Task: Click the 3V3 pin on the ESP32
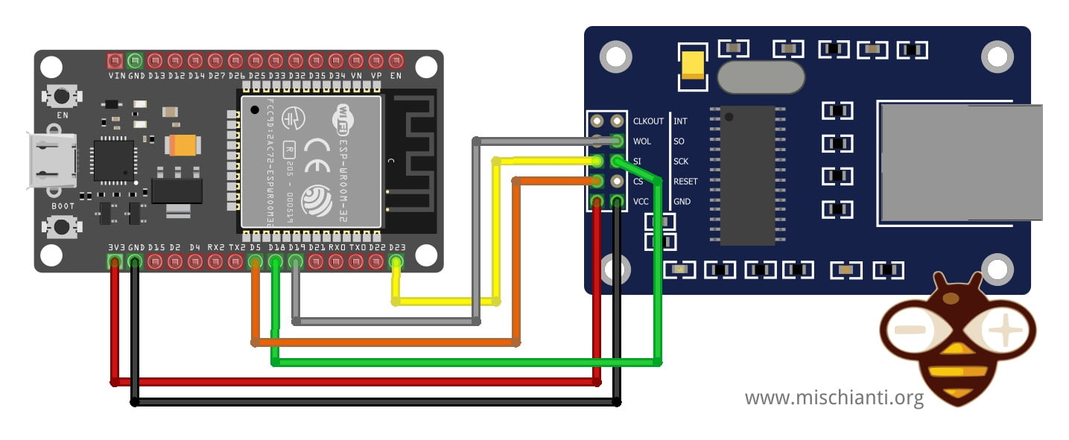(x=115, y=261)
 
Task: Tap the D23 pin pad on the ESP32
(x=396, y=261)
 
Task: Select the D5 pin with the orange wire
(x=256, y=261)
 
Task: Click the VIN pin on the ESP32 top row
(x=115, y=60)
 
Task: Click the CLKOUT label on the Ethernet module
(x=647, y=121)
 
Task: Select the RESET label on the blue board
(x=685, y=181)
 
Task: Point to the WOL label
(x=641, y=141)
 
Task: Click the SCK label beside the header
(x=681, y=161)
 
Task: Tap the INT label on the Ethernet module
(x=680, y=121)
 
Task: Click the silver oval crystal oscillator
(x=761, y=77)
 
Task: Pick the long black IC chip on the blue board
(x=748, y=175)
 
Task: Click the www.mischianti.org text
(x=834, y=398)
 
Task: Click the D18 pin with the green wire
(x=276, y=261)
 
